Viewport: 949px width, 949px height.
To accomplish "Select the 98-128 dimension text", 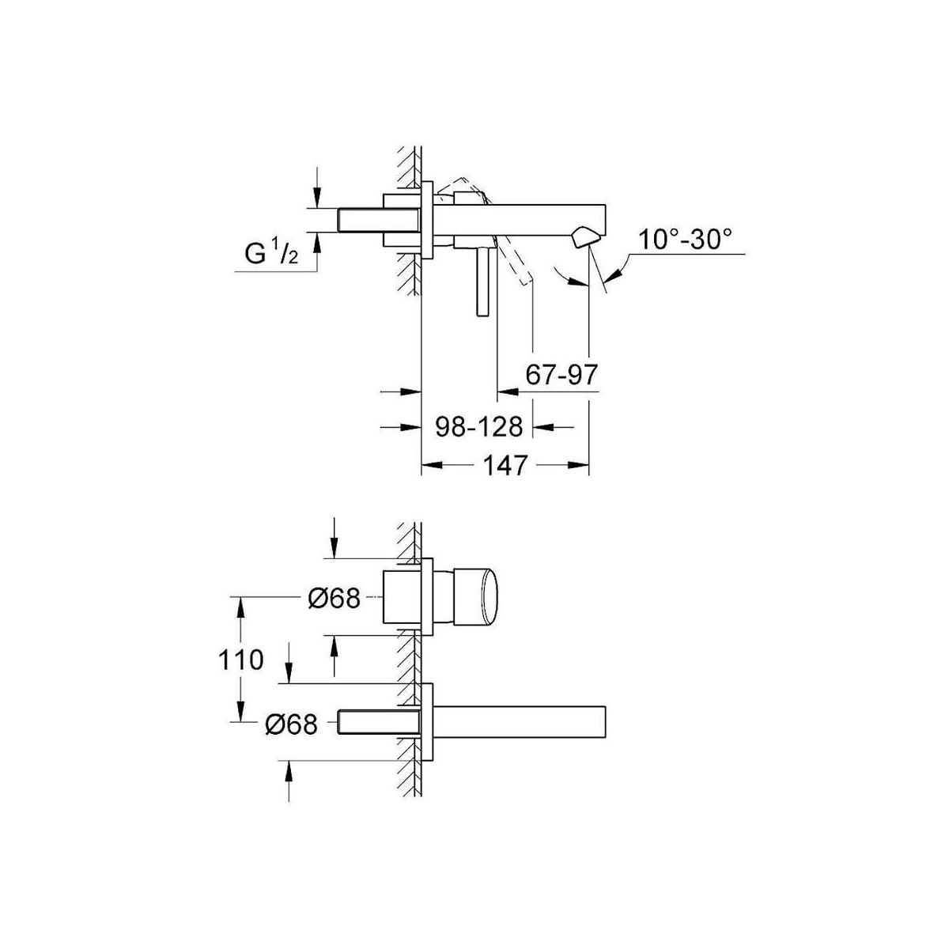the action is click(478, 426).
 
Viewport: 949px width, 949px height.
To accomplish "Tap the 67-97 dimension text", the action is click(561, 376).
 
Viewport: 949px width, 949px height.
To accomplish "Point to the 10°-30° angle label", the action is click(685, 240).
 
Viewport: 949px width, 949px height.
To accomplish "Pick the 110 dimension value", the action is click(241, 660).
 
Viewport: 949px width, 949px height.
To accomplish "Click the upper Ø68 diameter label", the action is click(335, 599).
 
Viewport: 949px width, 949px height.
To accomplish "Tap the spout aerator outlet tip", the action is click(584, 238).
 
